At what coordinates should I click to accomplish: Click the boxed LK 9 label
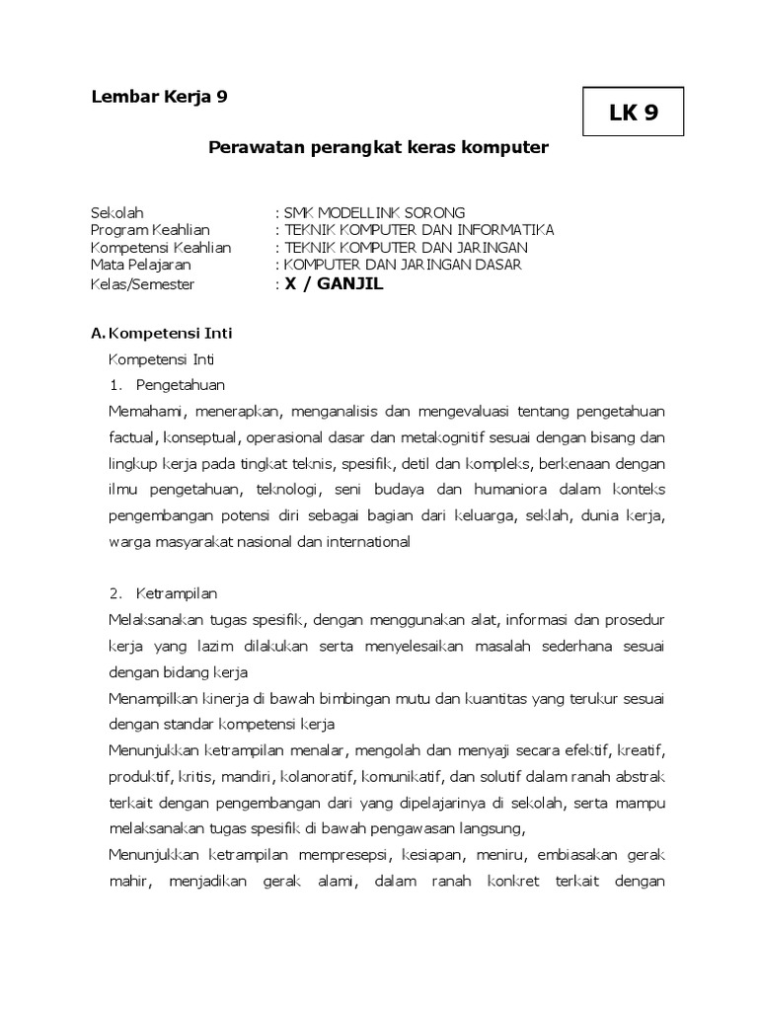pyautogui.click(x=633, y=114)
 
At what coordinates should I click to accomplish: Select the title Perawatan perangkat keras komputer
pyautogui.click(x=378, y=147)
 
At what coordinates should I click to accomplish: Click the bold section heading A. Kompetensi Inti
pyautogui.click(x=161, y=334)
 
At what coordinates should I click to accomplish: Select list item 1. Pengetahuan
pyautogui.click(x=167, y=384)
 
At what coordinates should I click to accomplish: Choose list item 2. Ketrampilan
pyautogui.click(x=164, y=593)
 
